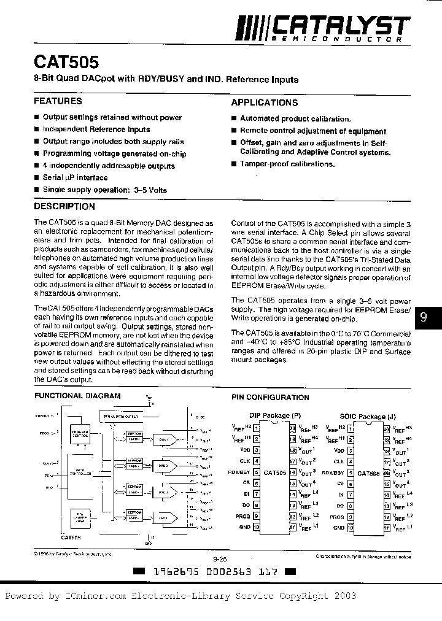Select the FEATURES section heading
click(58, 101)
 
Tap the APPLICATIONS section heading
click(265, 102)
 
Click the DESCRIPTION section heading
click(64, 207)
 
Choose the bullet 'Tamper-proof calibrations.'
click(287, 164)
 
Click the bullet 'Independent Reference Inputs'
click(96, 129)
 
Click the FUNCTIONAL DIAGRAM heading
click(77, 396)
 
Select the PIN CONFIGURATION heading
click(269, 398)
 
